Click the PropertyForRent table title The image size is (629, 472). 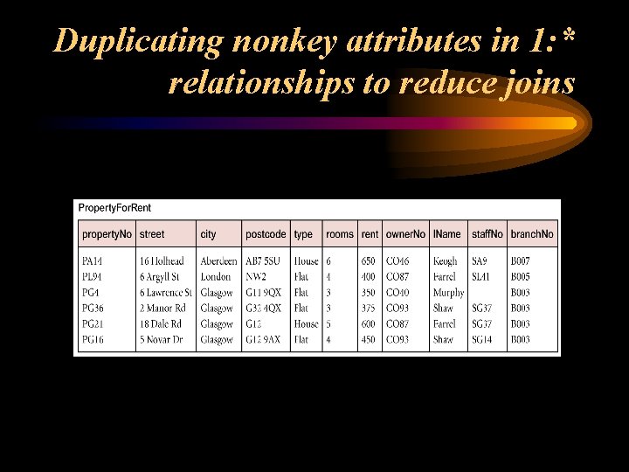[x=114, y=208]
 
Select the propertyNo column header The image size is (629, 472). [x=107, y=234]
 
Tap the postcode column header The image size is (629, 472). [x=266, y=234]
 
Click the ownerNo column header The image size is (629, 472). [x=405, y=234]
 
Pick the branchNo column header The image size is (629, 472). [x=532, y=234]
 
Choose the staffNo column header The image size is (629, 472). [x=487, y=234]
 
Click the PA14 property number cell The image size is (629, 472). [x=92, y=261]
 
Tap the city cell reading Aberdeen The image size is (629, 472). [x=218, y=261]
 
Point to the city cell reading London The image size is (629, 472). [x=215, y=277]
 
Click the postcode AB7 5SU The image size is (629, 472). [x=264, y=261]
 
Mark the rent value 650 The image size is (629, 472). [x=369, y=261]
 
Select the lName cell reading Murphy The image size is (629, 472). [x=448, y=293]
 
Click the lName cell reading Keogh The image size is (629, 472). [x=445, y=261]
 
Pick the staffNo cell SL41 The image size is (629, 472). [x=481, y=277]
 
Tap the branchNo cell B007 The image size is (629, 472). [x=521, y=261]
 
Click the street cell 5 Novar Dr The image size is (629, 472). [x=162, y=340]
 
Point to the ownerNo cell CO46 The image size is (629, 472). [x=397, y=261]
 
